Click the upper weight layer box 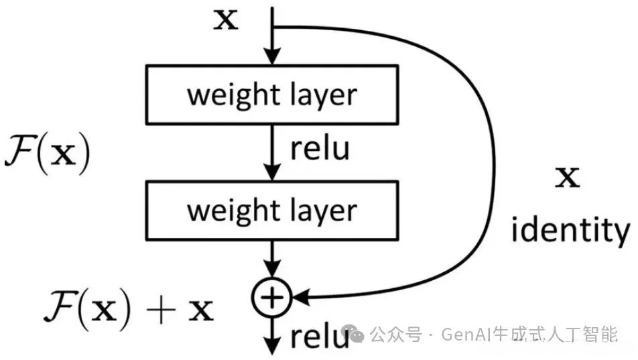pos(271,95)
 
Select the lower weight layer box pos(271,211)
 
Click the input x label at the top pos(225,20)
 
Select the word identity pos(570,231)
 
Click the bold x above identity pos(568,178)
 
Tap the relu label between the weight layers pos(320,148)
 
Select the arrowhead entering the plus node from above pos(272,274)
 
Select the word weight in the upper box pos(226,95)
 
